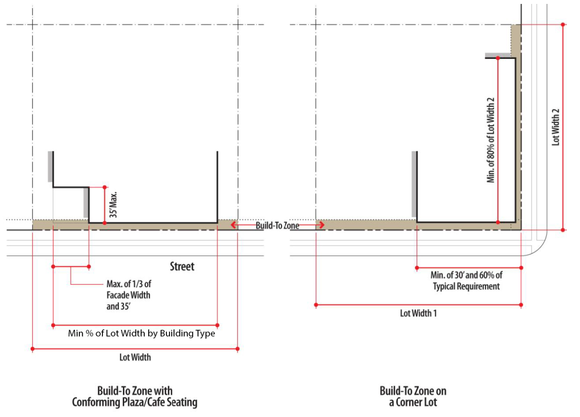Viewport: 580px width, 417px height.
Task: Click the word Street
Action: coord(182,266)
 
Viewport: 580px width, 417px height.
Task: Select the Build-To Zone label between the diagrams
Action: coord(277,225)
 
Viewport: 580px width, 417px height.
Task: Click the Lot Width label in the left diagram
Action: coord(135,357)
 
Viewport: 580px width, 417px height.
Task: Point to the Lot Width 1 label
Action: coord(418,313)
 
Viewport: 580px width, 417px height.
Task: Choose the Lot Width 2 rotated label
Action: coord(555,127)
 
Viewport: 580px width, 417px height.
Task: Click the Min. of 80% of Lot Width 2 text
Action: coord(491,140)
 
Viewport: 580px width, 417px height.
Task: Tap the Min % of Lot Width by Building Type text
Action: coord(142,333)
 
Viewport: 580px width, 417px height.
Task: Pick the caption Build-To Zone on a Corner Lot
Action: coord(413,396)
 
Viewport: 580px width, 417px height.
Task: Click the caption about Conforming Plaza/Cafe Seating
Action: coord(135,396)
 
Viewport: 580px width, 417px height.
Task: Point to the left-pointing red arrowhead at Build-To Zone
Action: coord(234,225)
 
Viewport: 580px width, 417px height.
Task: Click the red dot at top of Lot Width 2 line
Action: coord(563,24)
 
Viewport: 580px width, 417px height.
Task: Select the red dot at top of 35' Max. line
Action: coord(105,187)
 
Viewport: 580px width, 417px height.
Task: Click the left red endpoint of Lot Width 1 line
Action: coord(316,305)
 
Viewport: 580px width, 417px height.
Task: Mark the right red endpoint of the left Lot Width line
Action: coord(237,349)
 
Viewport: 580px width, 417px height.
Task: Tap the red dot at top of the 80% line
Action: coord(498,58)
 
